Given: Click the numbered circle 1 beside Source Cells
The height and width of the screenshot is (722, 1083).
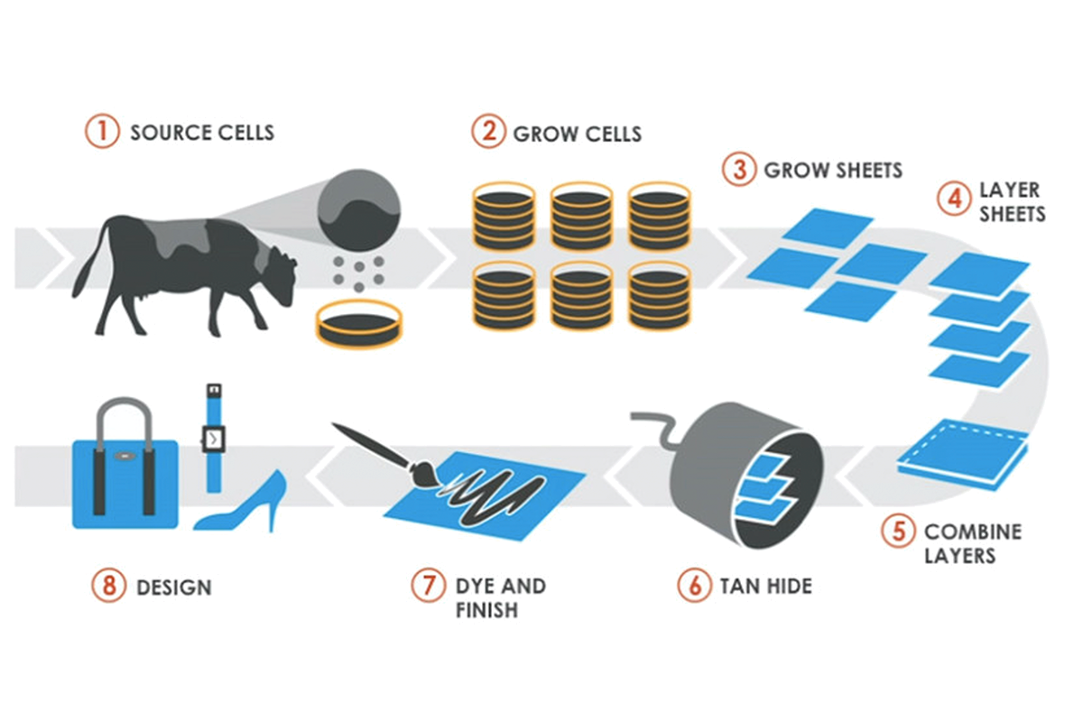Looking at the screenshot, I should [102, 132].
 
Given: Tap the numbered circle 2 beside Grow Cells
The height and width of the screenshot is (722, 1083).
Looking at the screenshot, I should [488, 132].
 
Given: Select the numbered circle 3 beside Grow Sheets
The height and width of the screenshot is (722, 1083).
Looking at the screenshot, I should [739, 169].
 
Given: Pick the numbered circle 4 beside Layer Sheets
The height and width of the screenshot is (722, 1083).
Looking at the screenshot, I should [953, 199].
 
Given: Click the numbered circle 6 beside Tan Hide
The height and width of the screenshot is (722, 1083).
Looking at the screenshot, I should [694, 585].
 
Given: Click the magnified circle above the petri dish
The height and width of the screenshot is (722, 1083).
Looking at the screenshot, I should [360, 211].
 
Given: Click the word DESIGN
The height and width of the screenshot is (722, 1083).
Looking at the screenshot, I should [173, 588].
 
